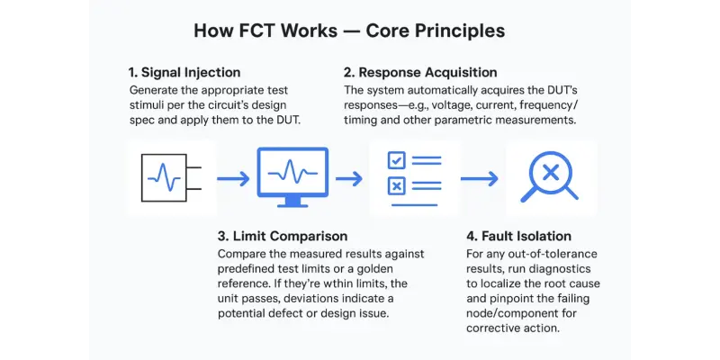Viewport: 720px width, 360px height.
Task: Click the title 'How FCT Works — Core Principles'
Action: pyautogui.click(x=350, y=31)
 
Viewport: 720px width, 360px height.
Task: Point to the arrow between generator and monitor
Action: pyautogui.click(x=232, y=179)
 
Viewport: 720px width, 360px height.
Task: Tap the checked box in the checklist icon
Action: pyautogui.click(x=394, y=161)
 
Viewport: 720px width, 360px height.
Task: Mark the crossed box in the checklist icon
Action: pyautogui.click(x=394, y=186)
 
